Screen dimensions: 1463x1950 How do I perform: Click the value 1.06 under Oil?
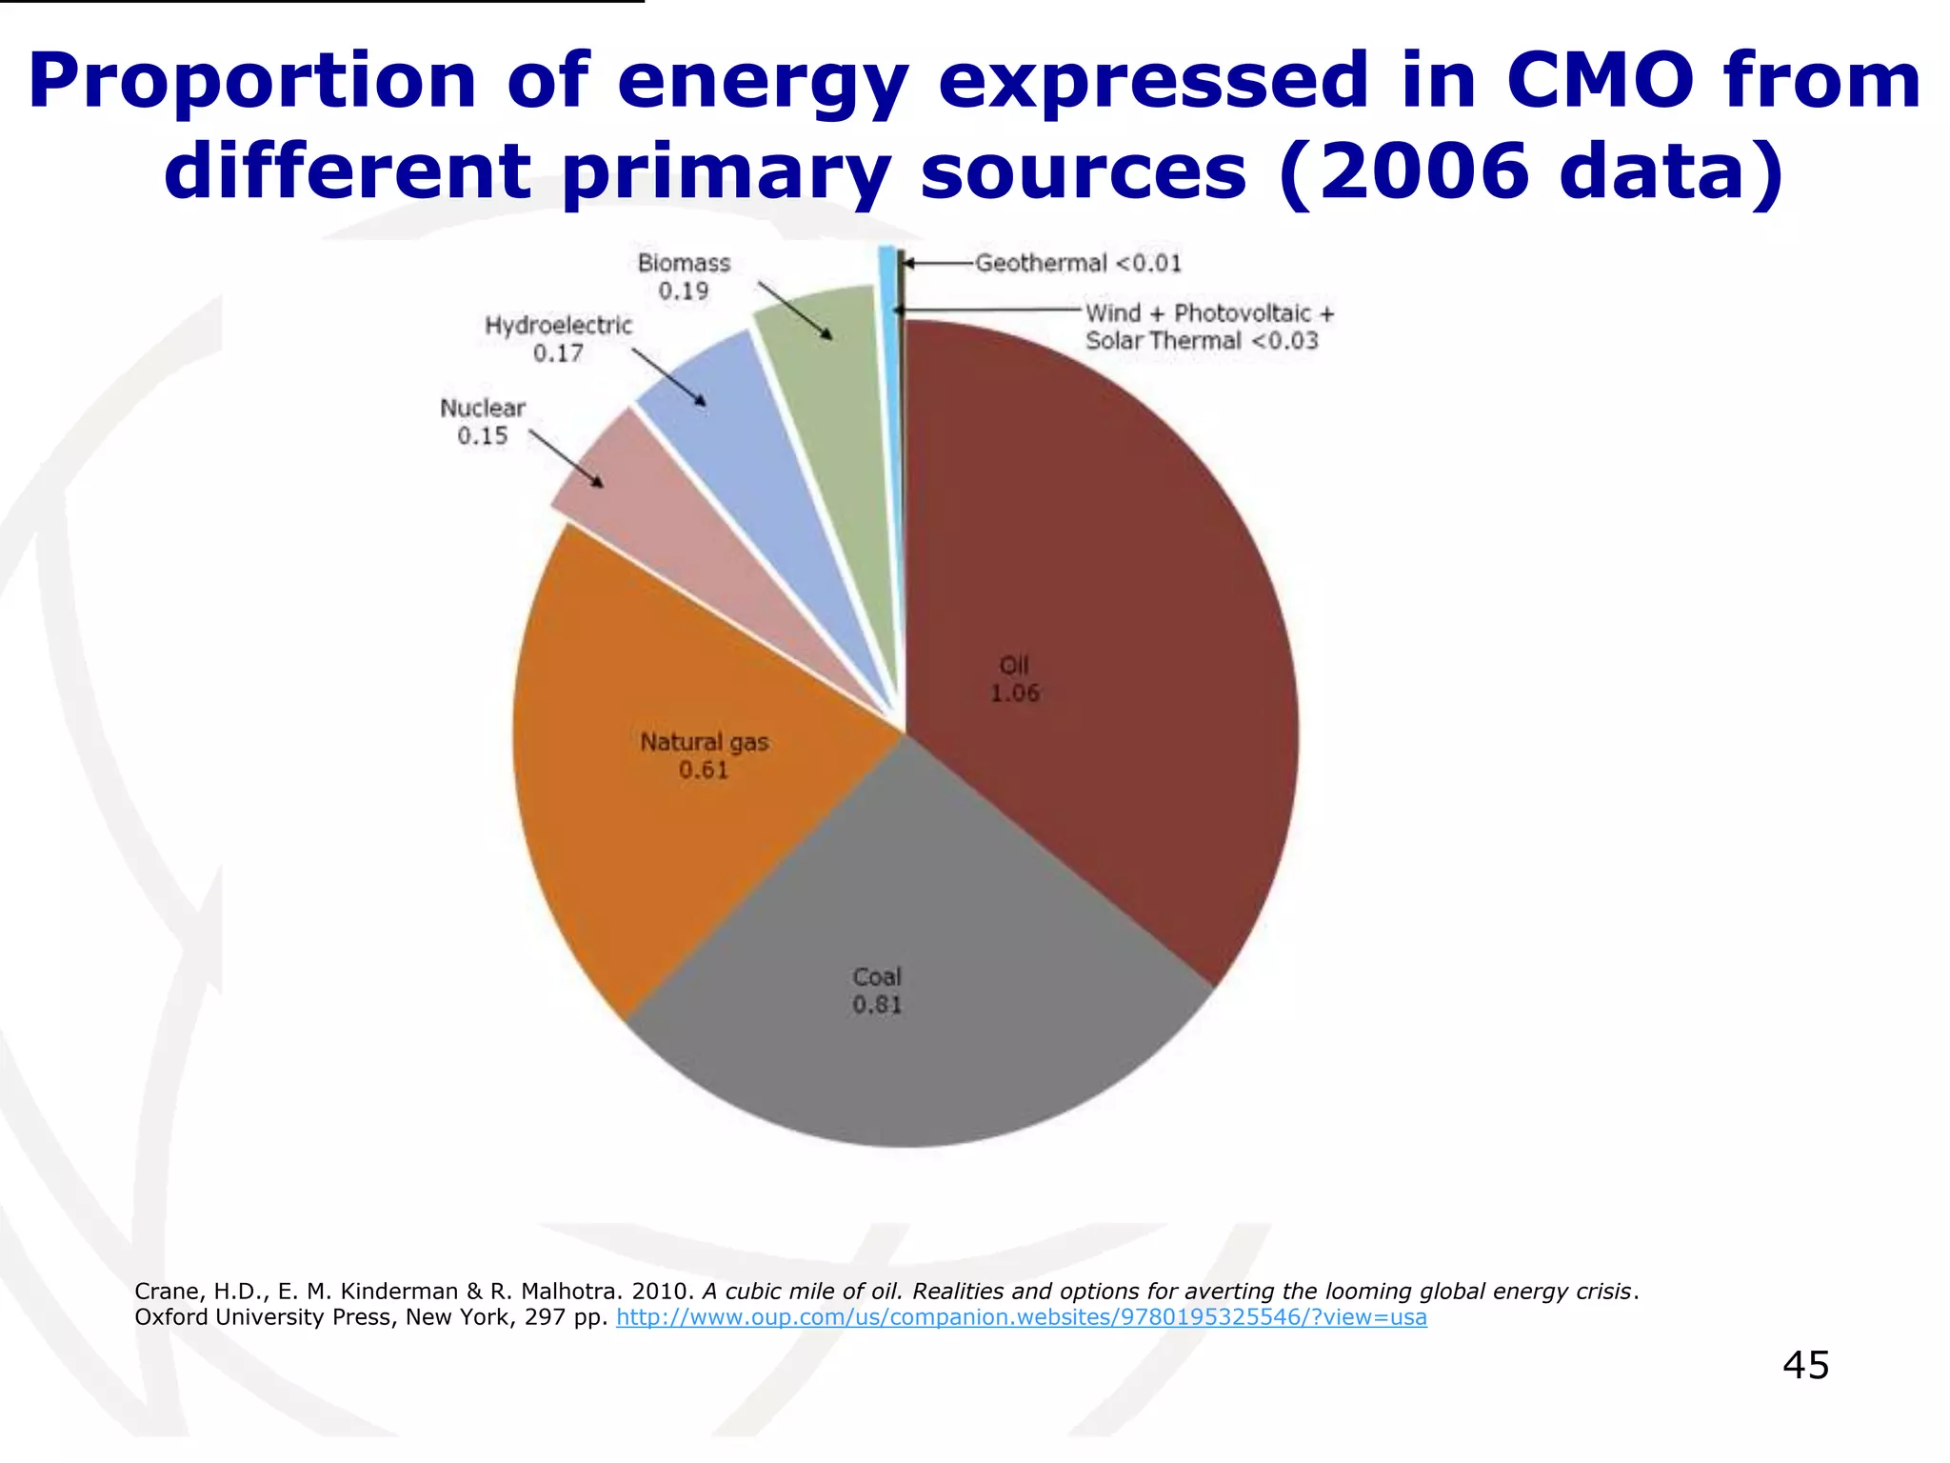coord(1015,693)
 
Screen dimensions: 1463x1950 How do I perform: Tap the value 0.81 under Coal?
coord(877,1005)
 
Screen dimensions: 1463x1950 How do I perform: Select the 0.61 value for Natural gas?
coord(704,770)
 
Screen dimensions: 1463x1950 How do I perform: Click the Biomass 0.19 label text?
coord(684,277)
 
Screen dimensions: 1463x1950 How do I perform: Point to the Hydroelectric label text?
coord(558,326)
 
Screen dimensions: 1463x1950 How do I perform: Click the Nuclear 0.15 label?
coord(483,422)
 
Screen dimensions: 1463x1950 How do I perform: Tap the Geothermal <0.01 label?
coord(1078,263)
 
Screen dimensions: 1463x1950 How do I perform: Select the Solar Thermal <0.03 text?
coord(1202,341)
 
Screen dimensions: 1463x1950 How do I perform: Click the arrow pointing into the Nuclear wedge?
coord(567,459)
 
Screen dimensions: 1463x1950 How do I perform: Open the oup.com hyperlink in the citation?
coord(1021,1317)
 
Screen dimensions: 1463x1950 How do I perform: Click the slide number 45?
coord(1805,1365)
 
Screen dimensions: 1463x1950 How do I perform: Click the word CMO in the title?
coord(1600,81)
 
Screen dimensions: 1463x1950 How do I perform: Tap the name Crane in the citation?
coord(167,1292)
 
